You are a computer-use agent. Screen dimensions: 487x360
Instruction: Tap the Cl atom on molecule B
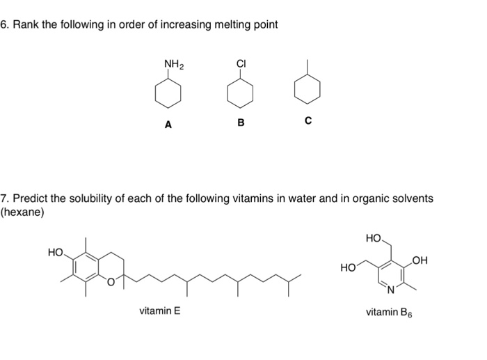pyautogui.click(x=241, y=65)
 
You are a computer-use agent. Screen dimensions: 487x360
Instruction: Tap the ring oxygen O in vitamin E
pyautogui.click(x=109, y=282)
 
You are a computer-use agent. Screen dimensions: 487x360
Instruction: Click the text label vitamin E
pyautogui.click(x=159, y=311)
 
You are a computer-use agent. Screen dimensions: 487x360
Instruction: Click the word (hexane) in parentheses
pyautogui.click(x=22, y=212)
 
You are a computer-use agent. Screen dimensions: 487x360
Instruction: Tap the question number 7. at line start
pyautogui.click(x=5, y=198)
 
